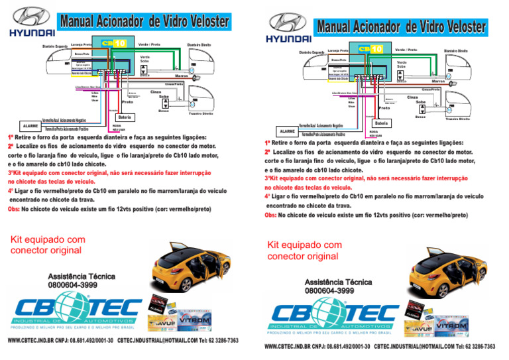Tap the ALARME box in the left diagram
[30, 125]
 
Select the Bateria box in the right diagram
[381, 123]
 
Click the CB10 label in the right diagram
[370, 49]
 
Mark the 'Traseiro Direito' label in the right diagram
[457, 119]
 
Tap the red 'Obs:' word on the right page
[270, 215]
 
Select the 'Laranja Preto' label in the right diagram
[338, 51]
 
